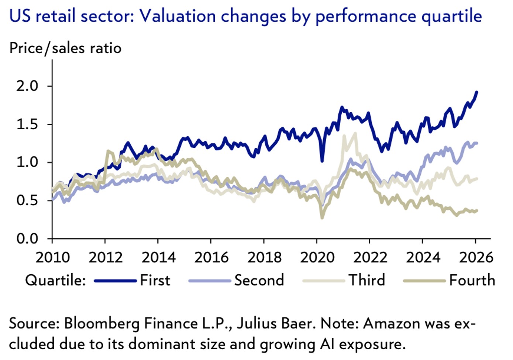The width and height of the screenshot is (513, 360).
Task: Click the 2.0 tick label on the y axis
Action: pos(27,86)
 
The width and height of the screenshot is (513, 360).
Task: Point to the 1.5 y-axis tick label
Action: pos(27,124)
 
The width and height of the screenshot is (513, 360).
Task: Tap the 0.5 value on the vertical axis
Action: pos(27,200)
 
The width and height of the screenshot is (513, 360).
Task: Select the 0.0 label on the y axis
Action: pos(27,239)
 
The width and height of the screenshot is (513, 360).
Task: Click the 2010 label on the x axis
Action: pos(52,257)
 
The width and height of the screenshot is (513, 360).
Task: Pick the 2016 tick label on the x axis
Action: pos(211,257)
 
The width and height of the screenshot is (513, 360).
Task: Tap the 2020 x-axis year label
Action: pos(317,257)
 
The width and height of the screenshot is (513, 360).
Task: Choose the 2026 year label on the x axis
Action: pos(476,257)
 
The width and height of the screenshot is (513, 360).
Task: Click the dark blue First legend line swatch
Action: pos(116,281)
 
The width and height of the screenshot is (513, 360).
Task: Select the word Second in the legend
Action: pos(259,280)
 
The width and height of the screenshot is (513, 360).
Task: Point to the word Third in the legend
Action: pos(367,280)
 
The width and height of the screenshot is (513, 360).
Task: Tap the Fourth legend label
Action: pos(472,280)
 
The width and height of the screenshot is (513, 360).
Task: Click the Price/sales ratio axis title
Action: pos(65,48)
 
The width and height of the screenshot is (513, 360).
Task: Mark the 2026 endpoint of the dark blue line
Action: pos(477,92)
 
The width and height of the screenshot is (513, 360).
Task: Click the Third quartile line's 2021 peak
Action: pos(355,134)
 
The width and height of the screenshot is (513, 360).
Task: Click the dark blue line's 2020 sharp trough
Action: pos(322,161)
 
